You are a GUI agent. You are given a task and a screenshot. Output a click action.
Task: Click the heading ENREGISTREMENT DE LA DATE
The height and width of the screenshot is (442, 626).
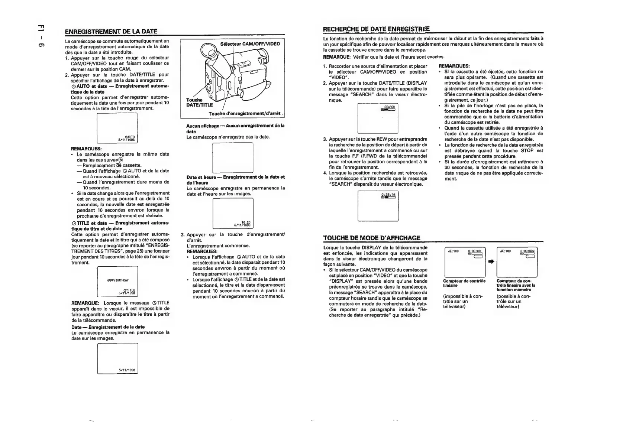pos(111,31)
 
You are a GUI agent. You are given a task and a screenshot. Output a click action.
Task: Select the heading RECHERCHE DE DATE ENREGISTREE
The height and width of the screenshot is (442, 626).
pos(376,29)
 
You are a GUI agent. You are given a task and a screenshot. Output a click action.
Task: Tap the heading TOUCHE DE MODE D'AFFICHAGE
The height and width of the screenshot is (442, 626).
pos(372,238)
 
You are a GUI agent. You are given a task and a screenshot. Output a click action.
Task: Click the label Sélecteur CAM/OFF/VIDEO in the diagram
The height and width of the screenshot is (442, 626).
pos(250,44)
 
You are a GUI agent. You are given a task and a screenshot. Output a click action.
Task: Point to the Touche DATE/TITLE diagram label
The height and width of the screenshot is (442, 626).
pos(199,103)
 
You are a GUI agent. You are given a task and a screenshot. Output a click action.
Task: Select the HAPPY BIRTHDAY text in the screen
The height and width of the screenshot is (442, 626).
pos(117,280)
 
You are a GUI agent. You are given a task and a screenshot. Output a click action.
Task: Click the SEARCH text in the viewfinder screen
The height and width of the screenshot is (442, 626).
pos(389,107)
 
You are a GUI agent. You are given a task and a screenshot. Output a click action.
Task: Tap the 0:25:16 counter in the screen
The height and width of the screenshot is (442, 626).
pos(388,194)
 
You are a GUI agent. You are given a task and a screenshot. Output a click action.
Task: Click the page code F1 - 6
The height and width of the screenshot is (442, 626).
pos(42,36)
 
